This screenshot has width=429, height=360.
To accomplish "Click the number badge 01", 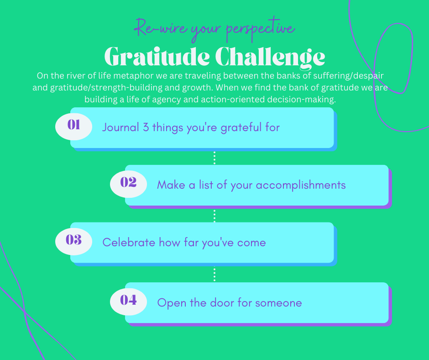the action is click(x=73, y=127).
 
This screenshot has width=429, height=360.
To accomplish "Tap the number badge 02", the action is click(x=128, y=184).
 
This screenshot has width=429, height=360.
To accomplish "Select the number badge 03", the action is click(x=73, y=242).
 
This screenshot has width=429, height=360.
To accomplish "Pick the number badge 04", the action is click(x=128, y=302).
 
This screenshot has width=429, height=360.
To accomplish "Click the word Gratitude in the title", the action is click(x=157, y=57).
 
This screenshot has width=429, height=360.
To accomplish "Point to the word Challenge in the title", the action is click(x=270, y=57).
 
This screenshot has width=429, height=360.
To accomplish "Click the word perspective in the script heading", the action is click(x=261, y=29).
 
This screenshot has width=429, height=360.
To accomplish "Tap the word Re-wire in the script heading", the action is click(x=161, y=27).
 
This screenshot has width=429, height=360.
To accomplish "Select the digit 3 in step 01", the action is click(x=146, y=127).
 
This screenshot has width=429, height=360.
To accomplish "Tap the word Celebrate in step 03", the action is click(x=129, y=243).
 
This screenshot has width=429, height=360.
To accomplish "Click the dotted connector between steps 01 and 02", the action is click(x=214, y=158).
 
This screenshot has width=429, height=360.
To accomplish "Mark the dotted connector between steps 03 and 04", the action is click(x=214, y=274).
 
